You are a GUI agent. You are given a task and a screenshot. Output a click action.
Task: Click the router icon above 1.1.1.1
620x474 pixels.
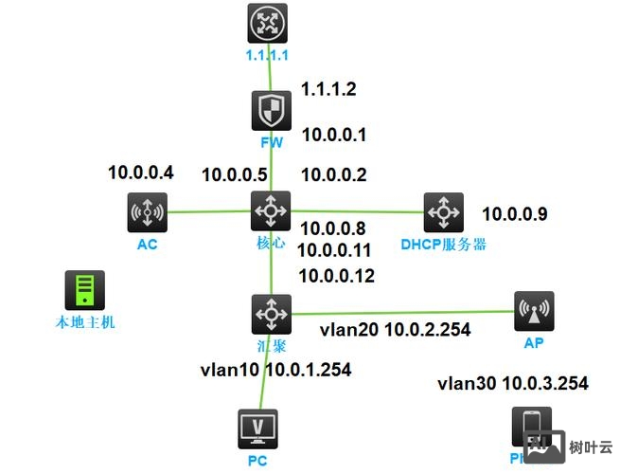[266, 23]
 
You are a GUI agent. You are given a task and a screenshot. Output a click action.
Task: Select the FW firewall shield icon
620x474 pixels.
[271, 111]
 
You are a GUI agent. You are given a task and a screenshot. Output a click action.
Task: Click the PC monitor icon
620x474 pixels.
[257, 428]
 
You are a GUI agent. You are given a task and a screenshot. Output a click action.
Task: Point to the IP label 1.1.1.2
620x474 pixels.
[328, 89]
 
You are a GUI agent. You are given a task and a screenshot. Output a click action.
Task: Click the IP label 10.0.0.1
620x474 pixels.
[333, 135]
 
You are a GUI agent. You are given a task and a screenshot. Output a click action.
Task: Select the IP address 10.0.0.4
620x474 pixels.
[141, 173]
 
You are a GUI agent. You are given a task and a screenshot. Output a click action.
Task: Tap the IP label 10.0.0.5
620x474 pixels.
[234, 174]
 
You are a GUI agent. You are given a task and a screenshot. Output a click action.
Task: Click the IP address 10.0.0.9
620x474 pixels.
[515, 213]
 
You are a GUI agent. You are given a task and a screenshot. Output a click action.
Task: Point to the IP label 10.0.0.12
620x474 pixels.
[336, 277]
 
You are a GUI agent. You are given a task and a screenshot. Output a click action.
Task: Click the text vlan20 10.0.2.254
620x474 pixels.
[395, 330]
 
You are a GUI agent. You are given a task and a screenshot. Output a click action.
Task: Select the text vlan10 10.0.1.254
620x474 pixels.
[275, 370]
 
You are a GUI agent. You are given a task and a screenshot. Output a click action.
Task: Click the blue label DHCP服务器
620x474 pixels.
[443, 245]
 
